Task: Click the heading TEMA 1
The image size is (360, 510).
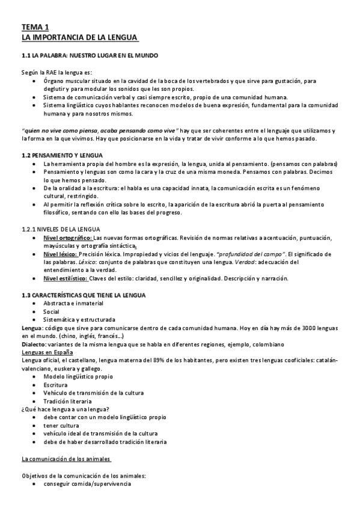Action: coord(35,27)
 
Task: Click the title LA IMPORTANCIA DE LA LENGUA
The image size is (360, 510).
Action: coord(80,38)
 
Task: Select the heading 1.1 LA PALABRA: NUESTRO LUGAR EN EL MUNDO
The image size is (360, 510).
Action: coord(90,55)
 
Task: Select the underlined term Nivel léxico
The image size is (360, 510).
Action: coord(58,255)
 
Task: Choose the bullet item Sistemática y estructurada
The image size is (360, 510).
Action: coord(79,319)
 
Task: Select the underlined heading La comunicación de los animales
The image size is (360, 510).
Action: coord(66,459)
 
